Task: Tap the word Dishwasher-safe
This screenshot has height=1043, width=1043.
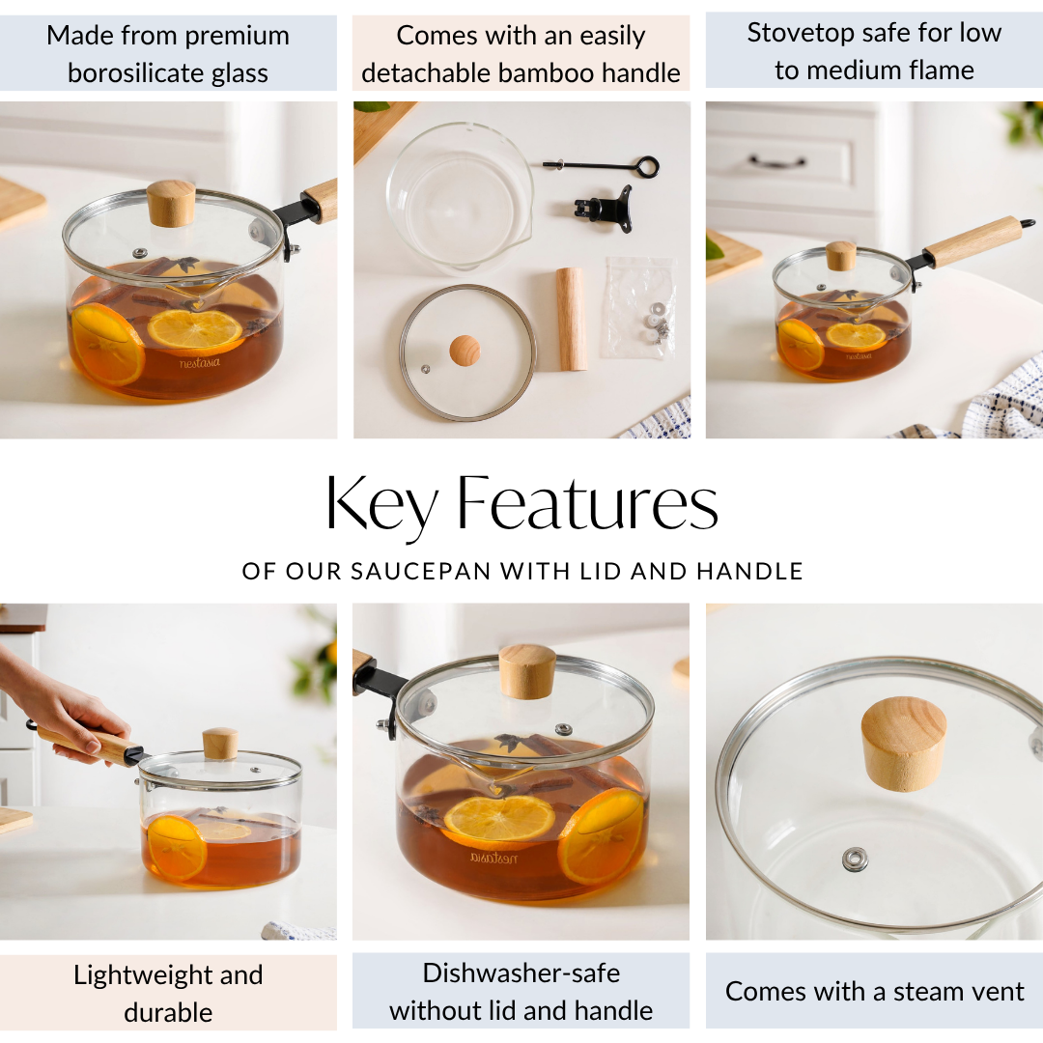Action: [x=521, y=973]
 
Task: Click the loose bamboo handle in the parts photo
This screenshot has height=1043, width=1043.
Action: [x=571, y=319]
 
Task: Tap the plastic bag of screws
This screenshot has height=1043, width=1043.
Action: [x=638, y=307]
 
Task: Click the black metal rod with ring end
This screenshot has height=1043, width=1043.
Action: [x=601, y=166]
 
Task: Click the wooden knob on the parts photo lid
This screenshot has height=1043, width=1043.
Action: [x=465, y=350]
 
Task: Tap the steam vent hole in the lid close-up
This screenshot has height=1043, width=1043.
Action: [x=855, y=859]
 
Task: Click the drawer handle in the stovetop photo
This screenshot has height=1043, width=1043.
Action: [x=777, y=161]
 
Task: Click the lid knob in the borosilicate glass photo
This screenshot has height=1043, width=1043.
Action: [x=171, y=203]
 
